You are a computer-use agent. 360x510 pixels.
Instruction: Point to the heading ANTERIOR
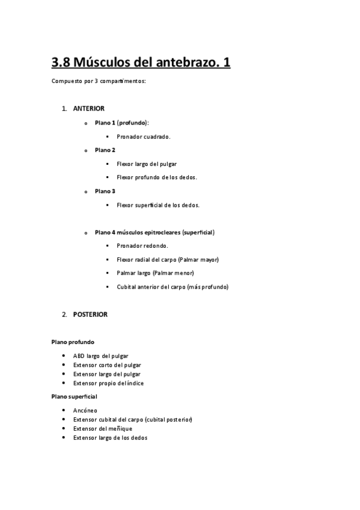89,109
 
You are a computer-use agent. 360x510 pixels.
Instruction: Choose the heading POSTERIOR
90,314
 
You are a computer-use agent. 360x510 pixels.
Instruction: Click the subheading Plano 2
105,150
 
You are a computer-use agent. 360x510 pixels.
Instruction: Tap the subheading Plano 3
105,191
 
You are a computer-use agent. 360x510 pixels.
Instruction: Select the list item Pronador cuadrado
144,137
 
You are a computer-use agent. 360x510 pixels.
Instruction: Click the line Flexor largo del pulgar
147,164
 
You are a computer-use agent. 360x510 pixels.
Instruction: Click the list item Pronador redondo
142,246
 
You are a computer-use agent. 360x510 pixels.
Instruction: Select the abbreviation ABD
79,356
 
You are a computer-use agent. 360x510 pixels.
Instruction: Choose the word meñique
119,428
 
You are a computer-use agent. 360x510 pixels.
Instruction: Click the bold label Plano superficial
75,397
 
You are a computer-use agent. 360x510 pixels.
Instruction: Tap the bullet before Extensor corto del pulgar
64,365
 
